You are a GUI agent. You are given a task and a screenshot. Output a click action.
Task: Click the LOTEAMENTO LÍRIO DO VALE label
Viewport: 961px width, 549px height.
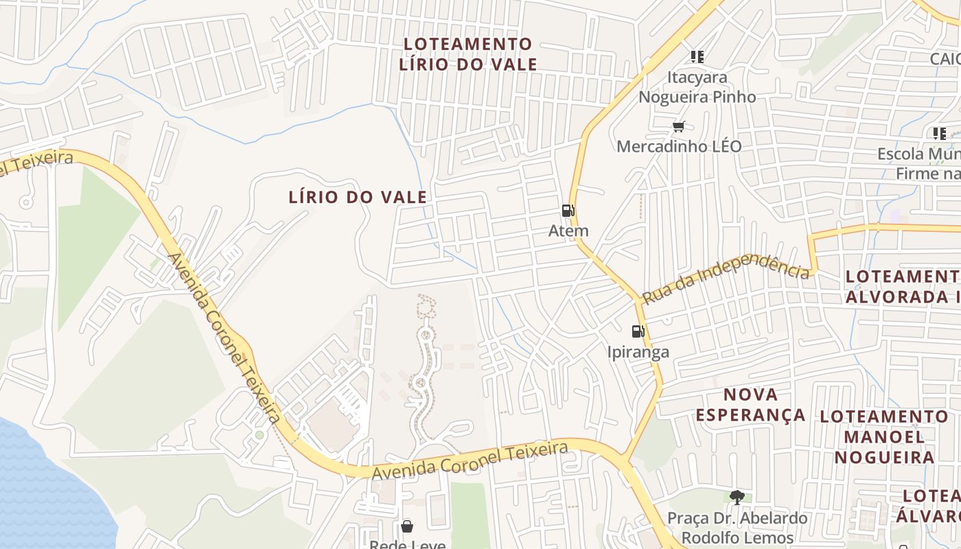[x=468, y=54]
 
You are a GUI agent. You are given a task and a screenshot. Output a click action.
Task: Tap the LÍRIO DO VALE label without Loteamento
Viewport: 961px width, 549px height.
[x=358, y=198]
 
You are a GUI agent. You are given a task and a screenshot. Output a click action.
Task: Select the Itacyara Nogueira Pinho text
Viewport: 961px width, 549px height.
[x=697, y=87]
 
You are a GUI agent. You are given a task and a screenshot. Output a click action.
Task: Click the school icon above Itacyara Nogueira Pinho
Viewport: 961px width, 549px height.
[x=697, y=57]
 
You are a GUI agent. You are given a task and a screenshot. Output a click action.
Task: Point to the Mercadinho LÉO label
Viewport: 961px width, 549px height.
[x=679, y=146]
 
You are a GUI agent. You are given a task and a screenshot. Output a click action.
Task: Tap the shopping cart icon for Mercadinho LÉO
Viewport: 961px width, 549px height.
[x=679, y=126]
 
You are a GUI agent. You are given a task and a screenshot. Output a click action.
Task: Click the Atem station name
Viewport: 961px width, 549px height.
[x=568, y=231]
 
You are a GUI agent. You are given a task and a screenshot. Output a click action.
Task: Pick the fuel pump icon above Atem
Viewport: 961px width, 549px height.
[x=568, y=211]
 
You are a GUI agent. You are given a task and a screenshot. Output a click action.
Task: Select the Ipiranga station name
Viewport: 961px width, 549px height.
[x=638, y=352]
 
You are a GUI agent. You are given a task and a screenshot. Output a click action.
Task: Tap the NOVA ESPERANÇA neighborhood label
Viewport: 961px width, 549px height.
[x=750, y=404]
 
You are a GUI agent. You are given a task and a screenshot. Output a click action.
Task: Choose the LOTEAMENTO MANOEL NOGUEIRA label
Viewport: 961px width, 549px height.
[x=884, y=436]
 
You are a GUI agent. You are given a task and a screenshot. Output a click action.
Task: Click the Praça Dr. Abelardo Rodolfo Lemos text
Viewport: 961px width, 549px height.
[x=737, y=528]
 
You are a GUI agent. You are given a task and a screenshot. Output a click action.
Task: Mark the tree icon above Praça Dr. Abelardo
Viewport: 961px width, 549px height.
[x=737, y=497]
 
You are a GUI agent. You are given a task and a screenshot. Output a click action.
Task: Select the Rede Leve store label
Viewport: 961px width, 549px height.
[x=408, y=544]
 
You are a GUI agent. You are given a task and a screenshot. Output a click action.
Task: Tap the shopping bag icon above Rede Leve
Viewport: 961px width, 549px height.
[x=407, y=526]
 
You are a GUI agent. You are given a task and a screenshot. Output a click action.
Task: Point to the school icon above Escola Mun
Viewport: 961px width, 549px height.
[x=939, y=134]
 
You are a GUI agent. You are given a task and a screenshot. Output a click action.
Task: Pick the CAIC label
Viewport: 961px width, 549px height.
[x=945, y=59]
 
